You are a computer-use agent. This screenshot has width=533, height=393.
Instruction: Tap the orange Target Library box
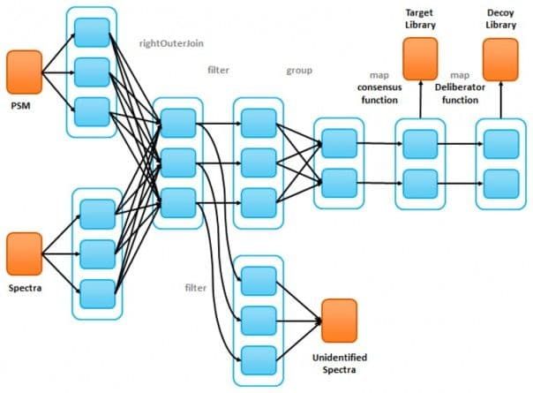(421, 57)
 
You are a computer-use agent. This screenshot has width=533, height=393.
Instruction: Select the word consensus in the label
(378, 87)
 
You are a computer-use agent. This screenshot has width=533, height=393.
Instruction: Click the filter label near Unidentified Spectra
(196, 288)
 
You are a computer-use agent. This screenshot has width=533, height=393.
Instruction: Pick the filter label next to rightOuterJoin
(219, 69)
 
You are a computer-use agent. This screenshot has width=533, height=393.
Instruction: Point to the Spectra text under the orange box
(25, 287)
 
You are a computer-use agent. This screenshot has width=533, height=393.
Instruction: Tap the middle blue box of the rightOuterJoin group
(179, 162)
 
